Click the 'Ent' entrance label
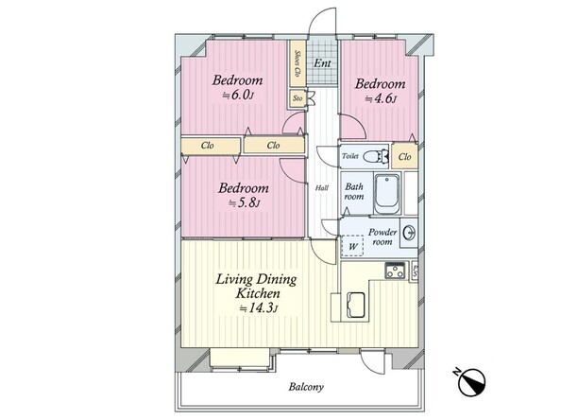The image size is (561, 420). point(322,63)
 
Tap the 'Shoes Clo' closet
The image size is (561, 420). point(297,63)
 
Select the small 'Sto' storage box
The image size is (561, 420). point(297,98)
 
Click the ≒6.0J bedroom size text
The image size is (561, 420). point(238,96)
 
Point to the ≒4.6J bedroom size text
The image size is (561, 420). point(381,98)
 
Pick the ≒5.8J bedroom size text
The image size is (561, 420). point(244,203)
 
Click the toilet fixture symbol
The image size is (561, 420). point(376,156)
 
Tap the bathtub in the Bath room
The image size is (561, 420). point(386,194)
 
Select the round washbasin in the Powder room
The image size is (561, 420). point(409,233)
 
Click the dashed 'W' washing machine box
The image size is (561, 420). point(353,246)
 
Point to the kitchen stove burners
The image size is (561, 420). point(396,271)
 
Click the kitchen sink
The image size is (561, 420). point(356,305)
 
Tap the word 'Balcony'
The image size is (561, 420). point(306,387)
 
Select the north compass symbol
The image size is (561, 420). point(471,382)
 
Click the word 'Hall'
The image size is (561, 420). point(322,188)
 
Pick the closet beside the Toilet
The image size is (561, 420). point(404,156)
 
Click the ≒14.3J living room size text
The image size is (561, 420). point(259,307)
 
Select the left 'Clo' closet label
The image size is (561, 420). point(208,145)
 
